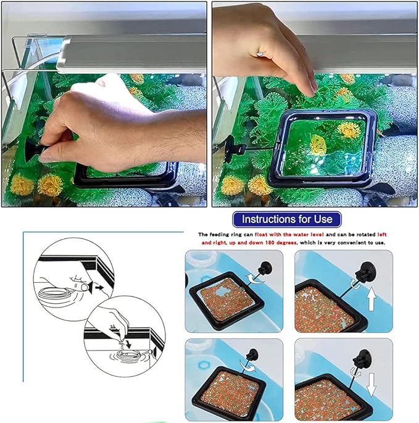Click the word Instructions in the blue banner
click(x=268, y=219)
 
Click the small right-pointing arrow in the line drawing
click(x=94, y=286)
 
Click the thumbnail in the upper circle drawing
click(x=78, y=287)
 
